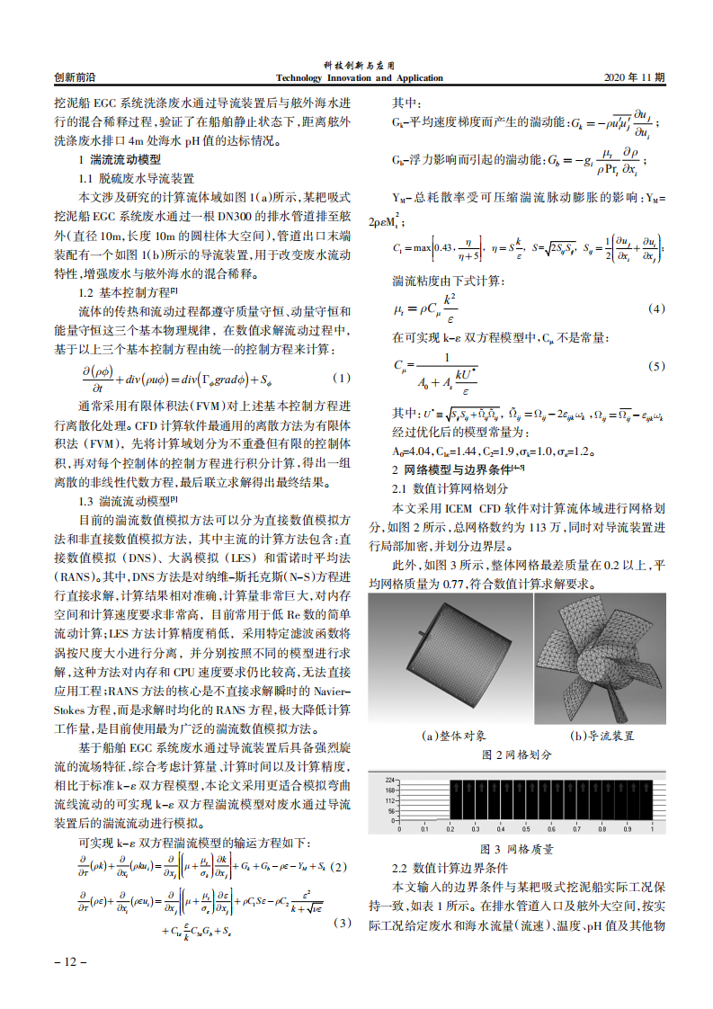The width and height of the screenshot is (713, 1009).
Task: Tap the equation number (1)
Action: [x=341, y=377]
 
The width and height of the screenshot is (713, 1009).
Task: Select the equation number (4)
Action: [x=656, y=309]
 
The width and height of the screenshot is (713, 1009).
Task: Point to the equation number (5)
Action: [x=656, y=367]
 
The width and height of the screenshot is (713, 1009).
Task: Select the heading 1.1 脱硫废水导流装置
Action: [x=137, y=179]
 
